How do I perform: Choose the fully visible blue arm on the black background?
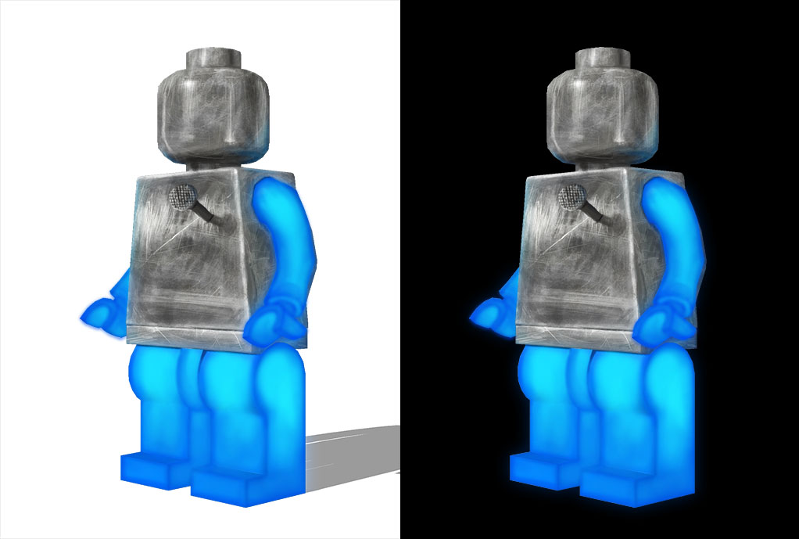tap(675, 243)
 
